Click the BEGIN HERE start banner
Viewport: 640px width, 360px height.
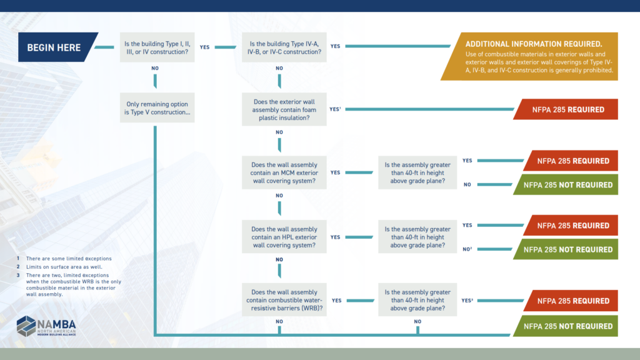[x=56, y=47]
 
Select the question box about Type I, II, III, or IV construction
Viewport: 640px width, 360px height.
[x=157, y=47]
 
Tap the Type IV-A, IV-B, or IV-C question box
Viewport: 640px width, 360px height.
[x=285, y=47]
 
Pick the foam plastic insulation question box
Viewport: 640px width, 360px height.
[x=285, y=109]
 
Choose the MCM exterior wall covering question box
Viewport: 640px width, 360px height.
[x=285, y=172]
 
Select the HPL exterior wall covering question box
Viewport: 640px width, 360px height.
[x=285, y=237]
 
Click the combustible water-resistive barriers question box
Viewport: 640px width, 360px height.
[x=285, y=300]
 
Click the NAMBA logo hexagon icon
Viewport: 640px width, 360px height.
[x=26, y=326]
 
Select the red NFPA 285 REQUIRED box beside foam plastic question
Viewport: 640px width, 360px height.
[x=566, y=109]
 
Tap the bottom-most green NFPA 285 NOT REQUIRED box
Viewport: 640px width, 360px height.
[x=566, y=326]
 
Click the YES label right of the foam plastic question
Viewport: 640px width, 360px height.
[x=336, y=109]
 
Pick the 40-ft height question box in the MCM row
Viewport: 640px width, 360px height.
[x=417, y=172]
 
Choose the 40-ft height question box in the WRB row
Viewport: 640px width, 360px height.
[x=417, y=300]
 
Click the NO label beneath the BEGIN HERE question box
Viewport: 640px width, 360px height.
[x=156, y=68]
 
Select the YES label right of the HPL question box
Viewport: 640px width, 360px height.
[x=336, y=237]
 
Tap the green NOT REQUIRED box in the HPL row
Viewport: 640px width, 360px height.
[x=566, y=249]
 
